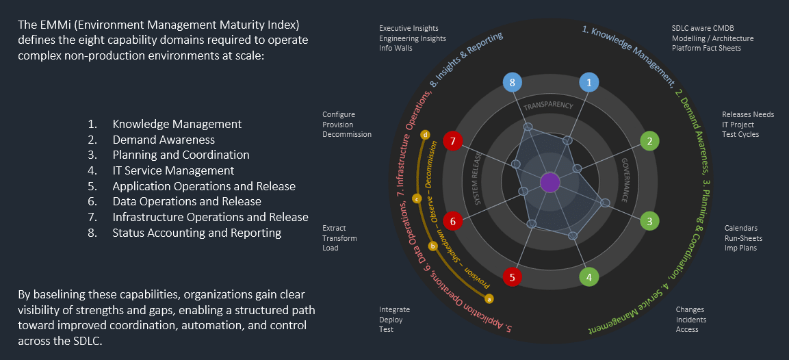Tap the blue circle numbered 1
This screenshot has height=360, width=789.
point(588,82)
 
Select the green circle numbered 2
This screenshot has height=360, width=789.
point(649,142)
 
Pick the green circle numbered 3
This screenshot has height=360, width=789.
point(649,221)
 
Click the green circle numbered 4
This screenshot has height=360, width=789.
point(589,277)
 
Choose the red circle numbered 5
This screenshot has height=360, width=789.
point(513,277)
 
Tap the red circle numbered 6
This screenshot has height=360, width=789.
point(452,221)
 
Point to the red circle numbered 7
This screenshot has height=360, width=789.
point(452,142)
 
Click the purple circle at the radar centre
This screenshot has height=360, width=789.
point(549,183)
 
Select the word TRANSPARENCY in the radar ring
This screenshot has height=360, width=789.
point(548,107)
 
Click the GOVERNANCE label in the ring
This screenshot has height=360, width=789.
point(626,179)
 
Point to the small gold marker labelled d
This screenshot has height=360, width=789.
point(426,135)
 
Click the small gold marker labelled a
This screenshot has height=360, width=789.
point(489,298)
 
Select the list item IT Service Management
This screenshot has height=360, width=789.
point(173,170)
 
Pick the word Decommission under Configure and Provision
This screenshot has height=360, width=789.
point(347,134)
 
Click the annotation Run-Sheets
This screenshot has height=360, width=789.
point(743,238)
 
